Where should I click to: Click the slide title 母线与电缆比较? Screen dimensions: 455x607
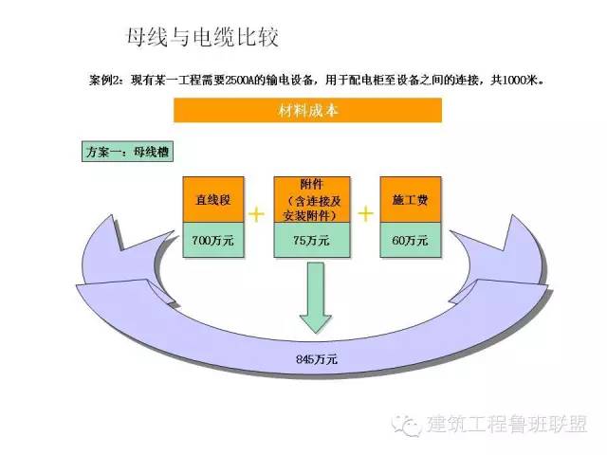201,37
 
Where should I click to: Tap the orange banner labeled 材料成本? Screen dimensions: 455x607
308,110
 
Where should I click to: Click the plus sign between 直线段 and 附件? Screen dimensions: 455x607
257,214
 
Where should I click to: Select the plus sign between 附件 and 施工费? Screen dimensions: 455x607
364,214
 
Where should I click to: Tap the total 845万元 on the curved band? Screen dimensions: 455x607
317,360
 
